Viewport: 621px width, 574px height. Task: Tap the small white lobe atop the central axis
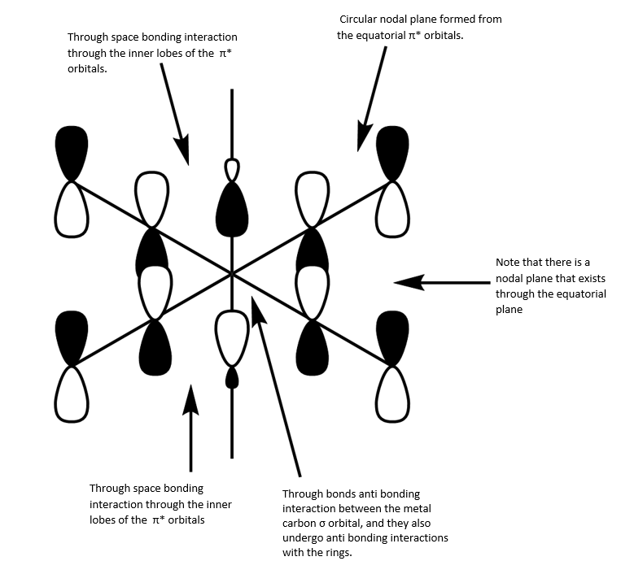(233, 170)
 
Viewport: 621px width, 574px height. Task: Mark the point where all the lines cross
(232, 274)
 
